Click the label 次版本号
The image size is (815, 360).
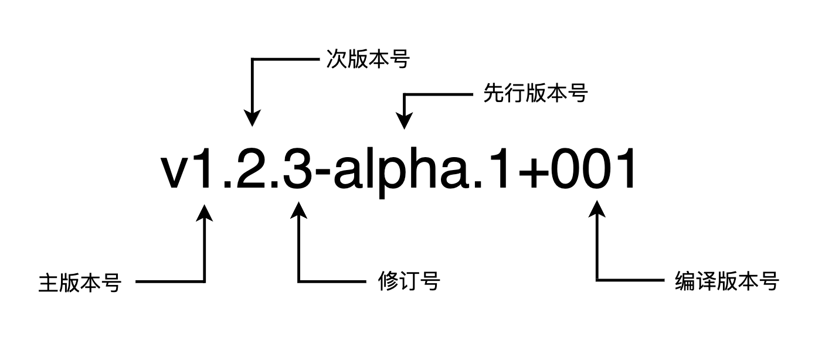coord(368,59)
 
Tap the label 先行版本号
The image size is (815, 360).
coord(535,93)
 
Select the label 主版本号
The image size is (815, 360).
coord(80,283)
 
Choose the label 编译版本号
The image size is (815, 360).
coord(727,282)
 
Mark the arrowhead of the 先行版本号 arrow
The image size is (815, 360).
coord(404,119)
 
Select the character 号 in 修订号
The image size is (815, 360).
coord(431,282)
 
